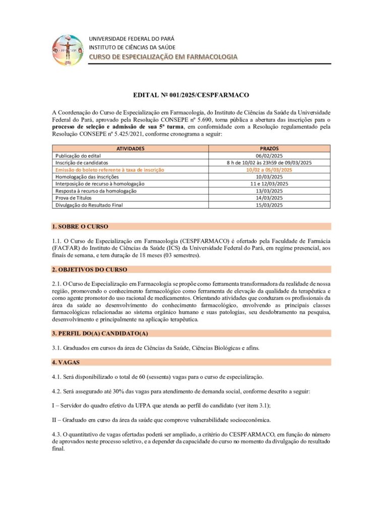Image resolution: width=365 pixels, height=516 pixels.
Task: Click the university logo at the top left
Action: pos(68,50)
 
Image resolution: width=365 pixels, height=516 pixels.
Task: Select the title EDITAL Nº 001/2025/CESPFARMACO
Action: pos(191,94)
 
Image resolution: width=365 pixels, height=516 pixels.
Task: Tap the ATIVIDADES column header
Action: pos(130,149)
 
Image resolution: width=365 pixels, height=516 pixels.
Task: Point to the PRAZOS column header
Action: pos(269,149)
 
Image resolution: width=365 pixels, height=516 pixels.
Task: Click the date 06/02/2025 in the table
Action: pos(269,156)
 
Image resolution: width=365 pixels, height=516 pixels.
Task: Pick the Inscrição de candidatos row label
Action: pos(82,163)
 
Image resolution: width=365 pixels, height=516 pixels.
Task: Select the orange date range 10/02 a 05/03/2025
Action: pos(269,170)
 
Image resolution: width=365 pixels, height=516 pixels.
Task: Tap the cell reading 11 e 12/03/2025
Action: pos(269,184)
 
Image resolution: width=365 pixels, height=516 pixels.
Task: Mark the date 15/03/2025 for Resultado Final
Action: pos(269,205)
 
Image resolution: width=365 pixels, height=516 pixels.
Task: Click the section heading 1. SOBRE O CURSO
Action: pos(80,226)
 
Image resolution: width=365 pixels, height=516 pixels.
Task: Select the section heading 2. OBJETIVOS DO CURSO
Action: pos(90,270)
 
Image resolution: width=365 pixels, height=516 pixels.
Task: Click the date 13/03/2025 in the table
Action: pos(269,191)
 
